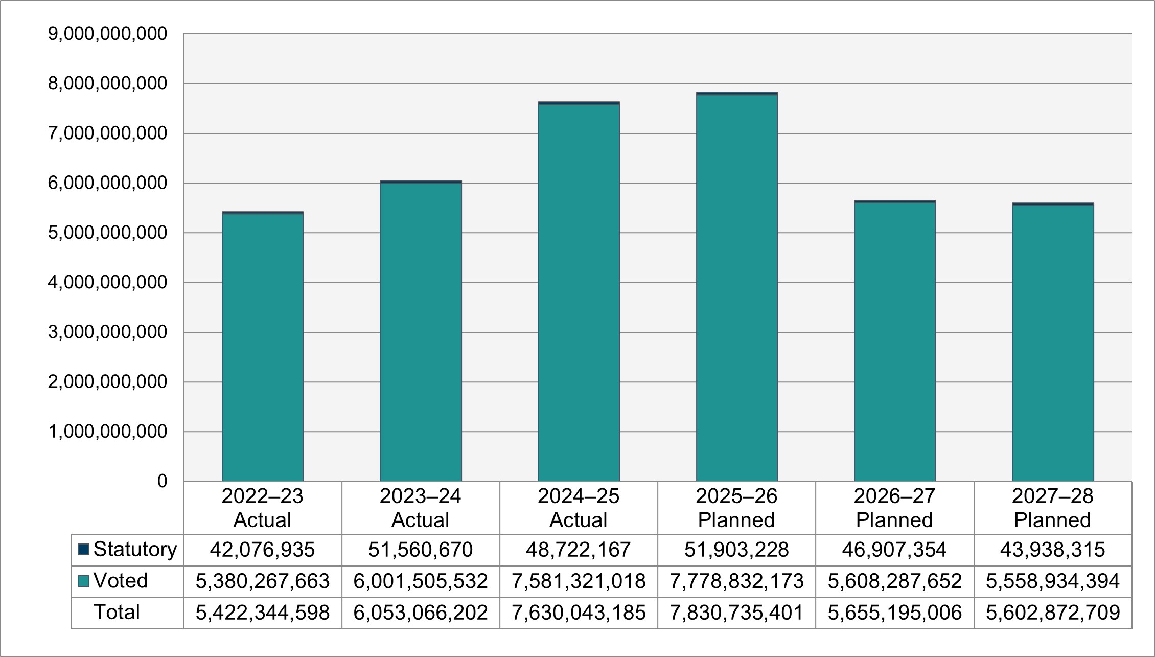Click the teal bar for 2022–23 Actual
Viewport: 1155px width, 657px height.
[x=263, y=348]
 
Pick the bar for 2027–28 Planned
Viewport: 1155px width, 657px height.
[x=1053, y=343]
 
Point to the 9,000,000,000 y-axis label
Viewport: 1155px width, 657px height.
[x=107, y=34]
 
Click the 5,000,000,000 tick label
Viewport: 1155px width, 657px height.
[x=107, y=233]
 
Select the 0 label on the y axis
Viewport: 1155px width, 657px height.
[x=162, y=481]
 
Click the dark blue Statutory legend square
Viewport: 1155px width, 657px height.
[x=83, y=550]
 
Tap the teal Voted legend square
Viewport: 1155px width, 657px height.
[x=83, y=581]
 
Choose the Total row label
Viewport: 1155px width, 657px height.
[x=117, y=613]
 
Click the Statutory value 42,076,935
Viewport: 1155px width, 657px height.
[x=263, y=550]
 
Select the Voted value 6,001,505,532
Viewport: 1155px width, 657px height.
[x=421, y=581]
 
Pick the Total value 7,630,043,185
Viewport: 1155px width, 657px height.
[x=579, y=613]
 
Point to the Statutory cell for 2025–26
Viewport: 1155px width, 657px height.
[x=736, y=550]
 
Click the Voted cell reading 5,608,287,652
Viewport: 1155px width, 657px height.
[x=894, y=581]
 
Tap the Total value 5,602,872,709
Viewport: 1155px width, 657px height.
[x=1053, y=613]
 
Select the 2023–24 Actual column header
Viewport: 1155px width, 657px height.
[x=421, y=508]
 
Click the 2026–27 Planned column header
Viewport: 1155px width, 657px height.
[x=894, y=508]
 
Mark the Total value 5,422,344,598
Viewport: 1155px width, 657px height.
[x=263, y=613]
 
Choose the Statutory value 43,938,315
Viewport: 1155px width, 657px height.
[x=1053, y=550]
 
